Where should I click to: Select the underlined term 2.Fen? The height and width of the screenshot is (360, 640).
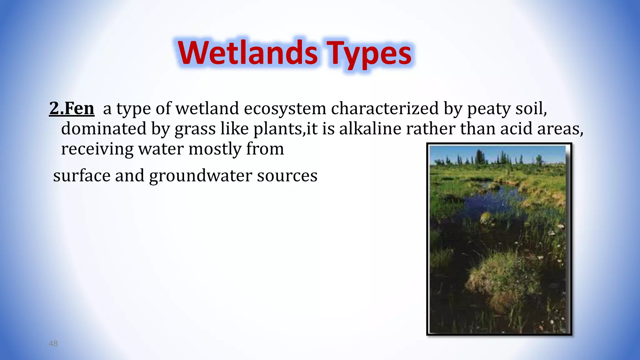tap(72, 108)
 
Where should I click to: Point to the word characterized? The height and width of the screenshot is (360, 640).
tap(385, 108)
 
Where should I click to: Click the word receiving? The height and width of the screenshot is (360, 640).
tap(97, 149)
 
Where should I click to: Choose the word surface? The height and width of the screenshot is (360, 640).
tap(82, 176)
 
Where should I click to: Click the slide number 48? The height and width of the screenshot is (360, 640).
tap(53, 343)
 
